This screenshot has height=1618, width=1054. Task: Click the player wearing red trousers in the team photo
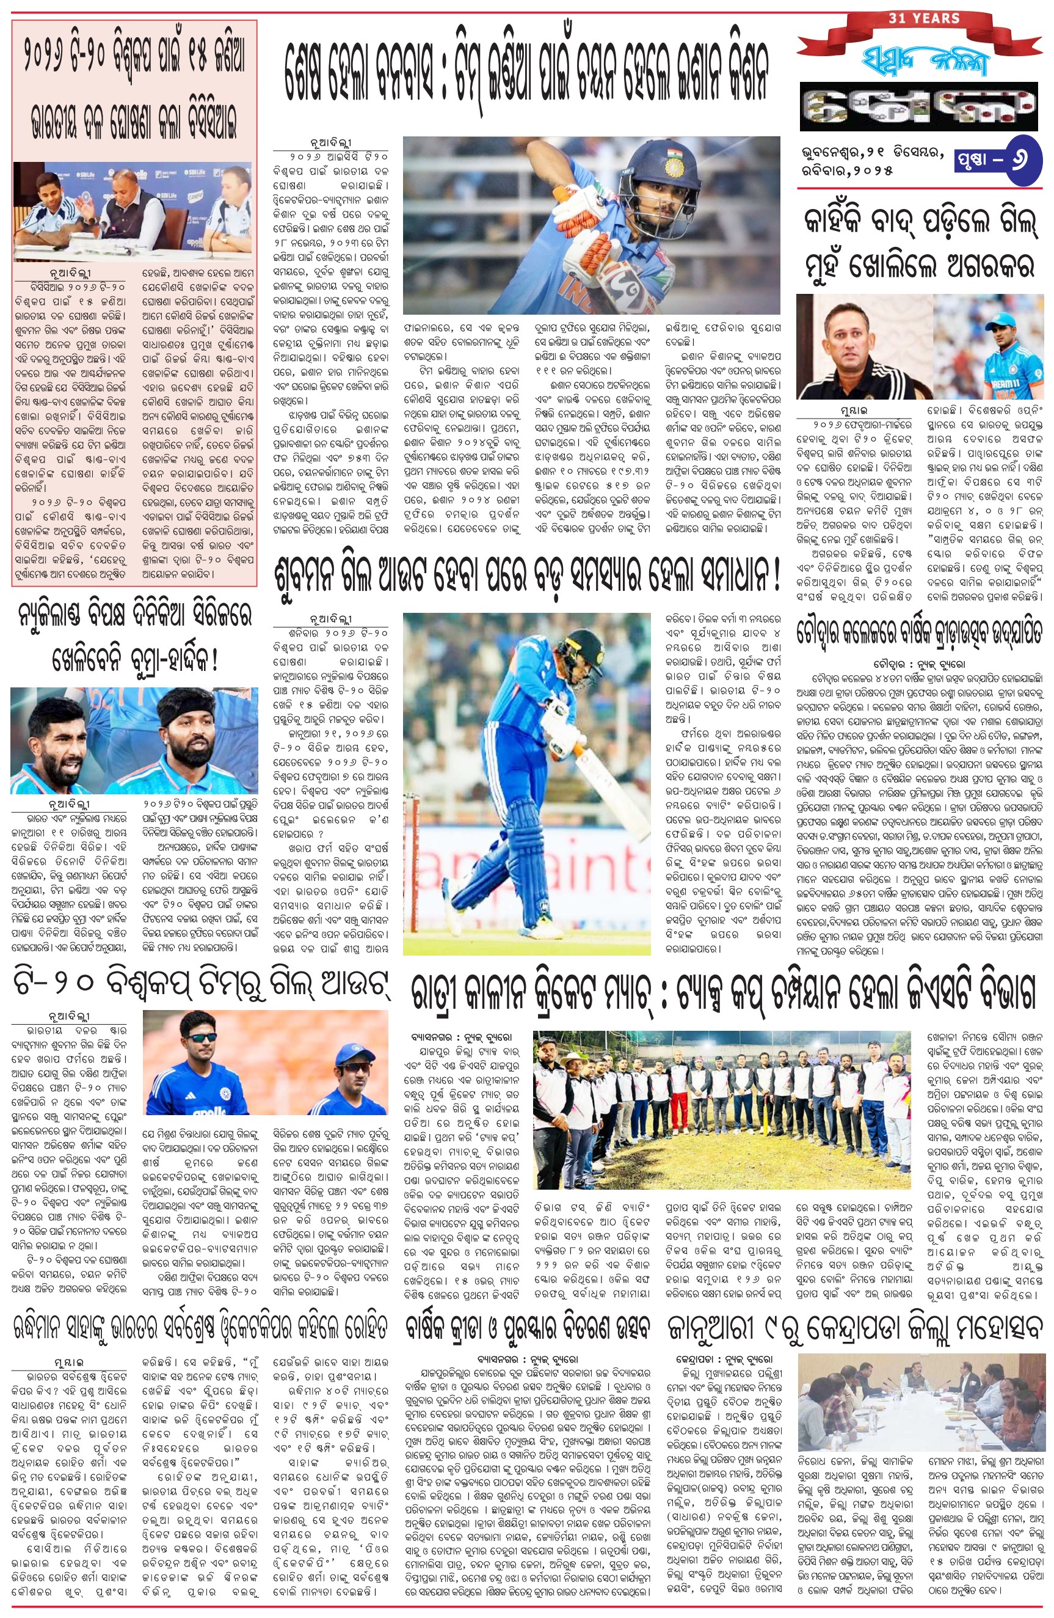[678, 1108]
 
